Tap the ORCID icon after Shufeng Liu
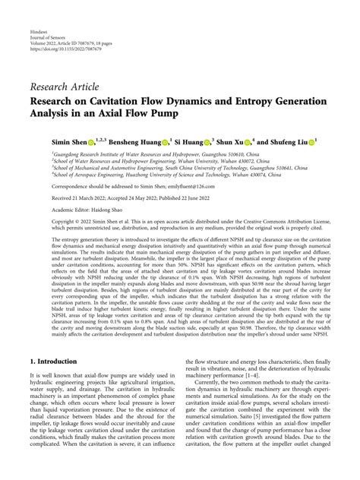click(333, 142)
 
